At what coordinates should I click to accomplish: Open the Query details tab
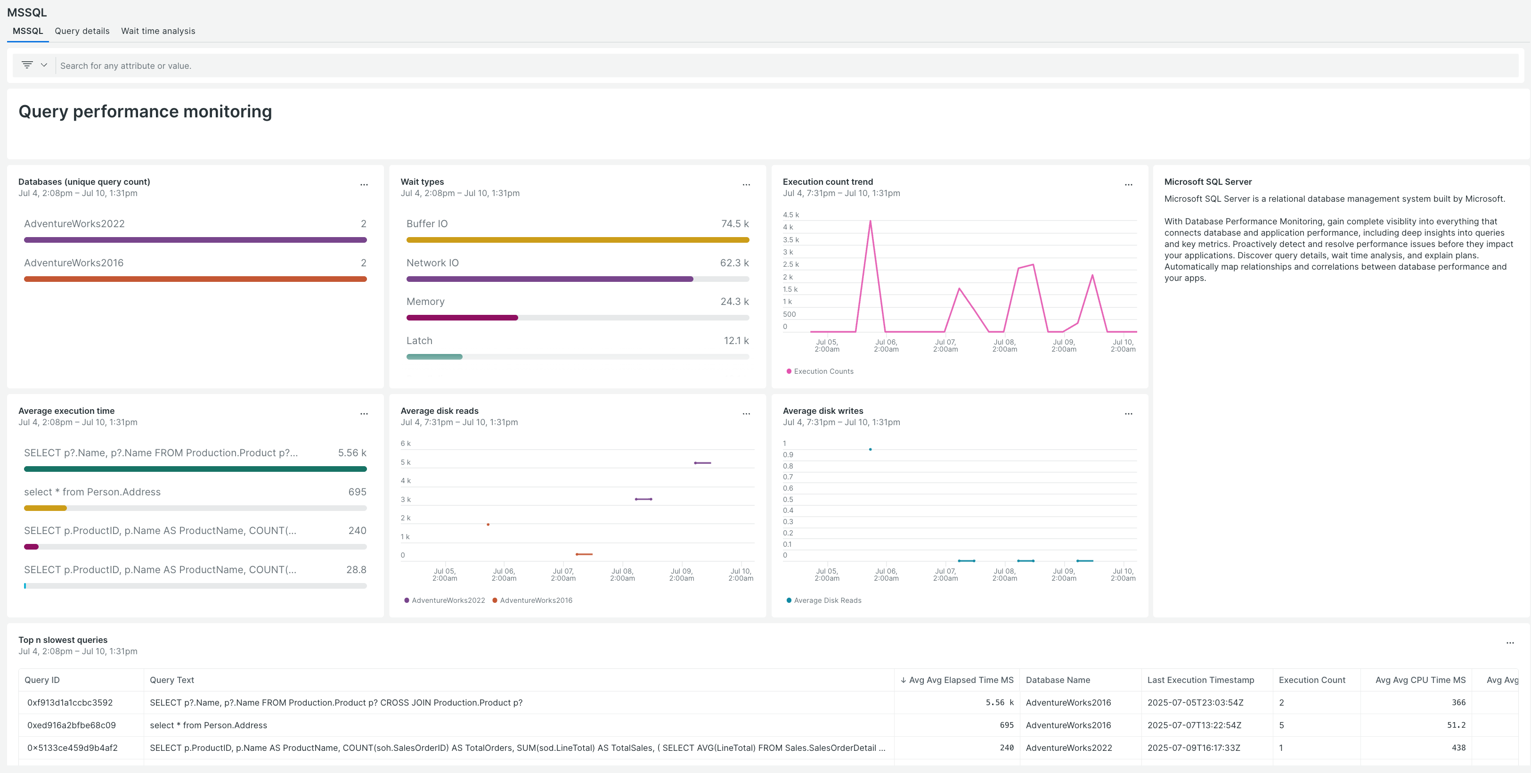[82, 31]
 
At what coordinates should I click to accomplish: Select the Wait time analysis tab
[158, 31]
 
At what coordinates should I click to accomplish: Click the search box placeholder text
[125, 66]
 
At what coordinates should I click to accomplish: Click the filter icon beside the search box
[27, 65]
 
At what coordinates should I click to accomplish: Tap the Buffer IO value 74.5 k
[734, 223]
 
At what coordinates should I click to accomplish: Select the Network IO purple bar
[549, 279]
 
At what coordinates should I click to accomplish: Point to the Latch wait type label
[419, 341]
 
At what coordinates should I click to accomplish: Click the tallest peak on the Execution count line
[870, 221]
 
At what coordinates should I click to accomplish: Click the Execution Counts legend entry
[823, 371]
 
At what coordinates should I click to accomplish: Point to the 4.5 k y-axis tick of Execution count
[790, 214]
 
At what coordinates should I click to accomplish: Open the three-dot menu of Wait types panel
[746, 185]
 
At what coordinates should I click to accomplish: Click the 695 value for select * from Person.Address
[357, 492]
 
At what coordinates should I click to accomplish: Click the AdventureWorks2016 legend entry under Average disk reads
[536, 600]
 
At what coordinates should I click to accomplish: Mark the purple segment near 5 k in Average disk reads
[702, 462]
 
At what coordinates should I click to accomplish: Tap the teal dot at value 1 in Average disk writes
[870, 450]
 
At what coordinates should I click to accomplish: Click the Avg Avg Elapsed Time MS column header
[961, 680]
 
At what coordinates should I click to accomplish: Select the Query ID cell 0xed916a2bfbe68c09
[71, 725]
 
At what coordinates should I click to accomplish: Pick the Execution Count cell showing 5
[1281, 725]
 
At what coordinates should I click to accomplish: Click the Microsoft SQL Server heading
[1208, 182]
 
